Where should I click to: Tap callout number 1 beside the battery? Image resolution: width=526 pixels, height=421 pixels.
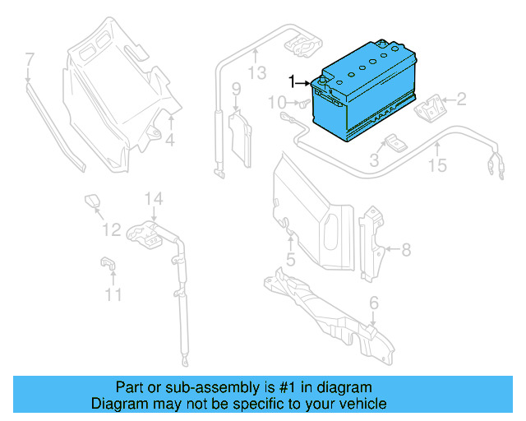291,81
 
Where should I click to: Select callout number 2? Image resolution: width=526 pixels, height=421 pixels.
461,101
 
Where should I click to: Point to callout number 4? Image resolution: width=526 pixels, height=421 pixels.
170,141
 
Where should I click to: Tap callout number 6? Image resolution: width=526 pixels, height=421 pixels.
374,304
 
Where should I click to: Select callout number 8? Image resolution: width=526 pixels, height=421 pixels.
405,248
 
